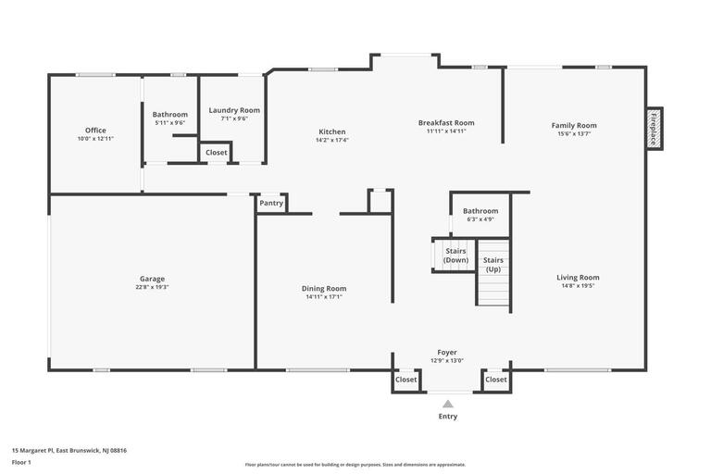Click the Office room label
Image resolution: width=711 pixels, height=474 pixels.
(x=95, y=131)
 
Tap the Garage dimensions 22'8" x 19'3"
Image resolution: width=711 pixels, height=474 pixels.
(x=152, y=287)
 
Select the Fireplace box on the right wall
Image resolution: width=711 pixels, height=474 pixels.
(x=654, y=129)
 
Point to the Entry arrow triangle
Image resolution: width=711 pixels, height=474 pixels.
(x=448, y=404)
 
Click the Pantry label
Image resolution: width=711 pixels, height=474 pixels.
(x=271, y=203)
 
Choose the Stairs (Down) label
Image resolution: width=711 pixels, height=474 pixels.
(x=455, y=256)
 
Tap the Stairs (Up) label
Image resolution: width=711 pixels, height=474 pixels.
(x=493, y=265)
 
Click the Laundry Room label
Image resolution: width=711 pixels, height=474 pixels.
(x=234, y=110)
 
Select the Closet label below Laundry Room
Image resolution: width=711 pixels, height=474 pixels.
(x=216, y=153)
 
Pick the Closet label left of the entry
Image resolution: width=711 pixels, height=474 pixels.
(x=406, y=380)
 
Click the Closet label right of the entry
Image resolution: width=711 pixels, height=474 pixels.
(x=496, y=380)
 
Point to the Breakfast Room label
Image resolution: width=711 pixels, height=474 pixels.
(x=446, y=123)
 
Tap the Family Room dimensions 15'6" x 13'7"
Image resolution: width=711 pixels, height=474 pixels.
(x=574, y=134)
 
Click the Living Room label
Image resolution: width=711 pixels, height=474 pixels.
(x=578, y=278)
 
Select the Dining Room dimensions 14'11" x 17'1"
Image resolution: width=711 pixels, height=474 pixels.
(x=323, y=297)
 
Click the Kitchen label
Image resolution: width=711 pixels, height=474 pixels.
(x=332, y=132)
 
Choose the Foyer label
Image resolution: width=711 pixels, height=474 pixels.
(x=447, y=353)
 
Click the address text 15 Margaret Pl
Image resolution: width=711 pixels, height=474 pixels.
(x=69, y=451)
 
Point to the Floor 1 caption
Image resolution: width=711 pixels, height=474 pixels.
(x=21, y=462)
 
